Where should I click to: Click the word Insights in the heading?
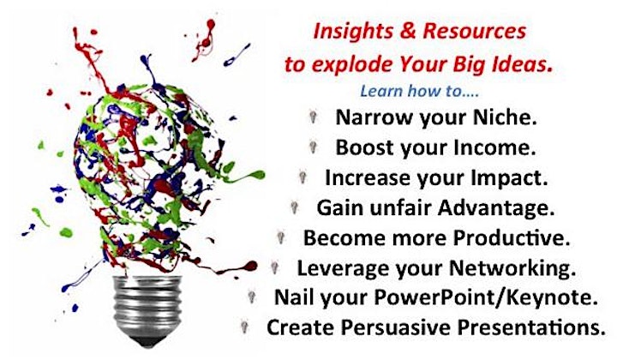(352, 31)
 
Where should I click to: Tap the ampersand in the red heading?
(408, 31)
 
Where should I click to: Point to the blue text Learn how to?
(419, 91)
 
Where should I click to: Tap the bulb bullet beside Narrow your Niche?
(313, 117)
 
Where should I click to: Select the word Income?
(494, 147)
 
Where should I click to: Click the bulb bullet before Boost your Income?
(314, 147)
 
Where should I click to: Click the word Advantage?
(496, 207)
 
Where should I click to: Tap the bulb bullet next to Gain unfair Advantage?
(294, 207)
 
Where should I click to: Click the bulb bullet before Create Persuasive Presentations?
(244, 327)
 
